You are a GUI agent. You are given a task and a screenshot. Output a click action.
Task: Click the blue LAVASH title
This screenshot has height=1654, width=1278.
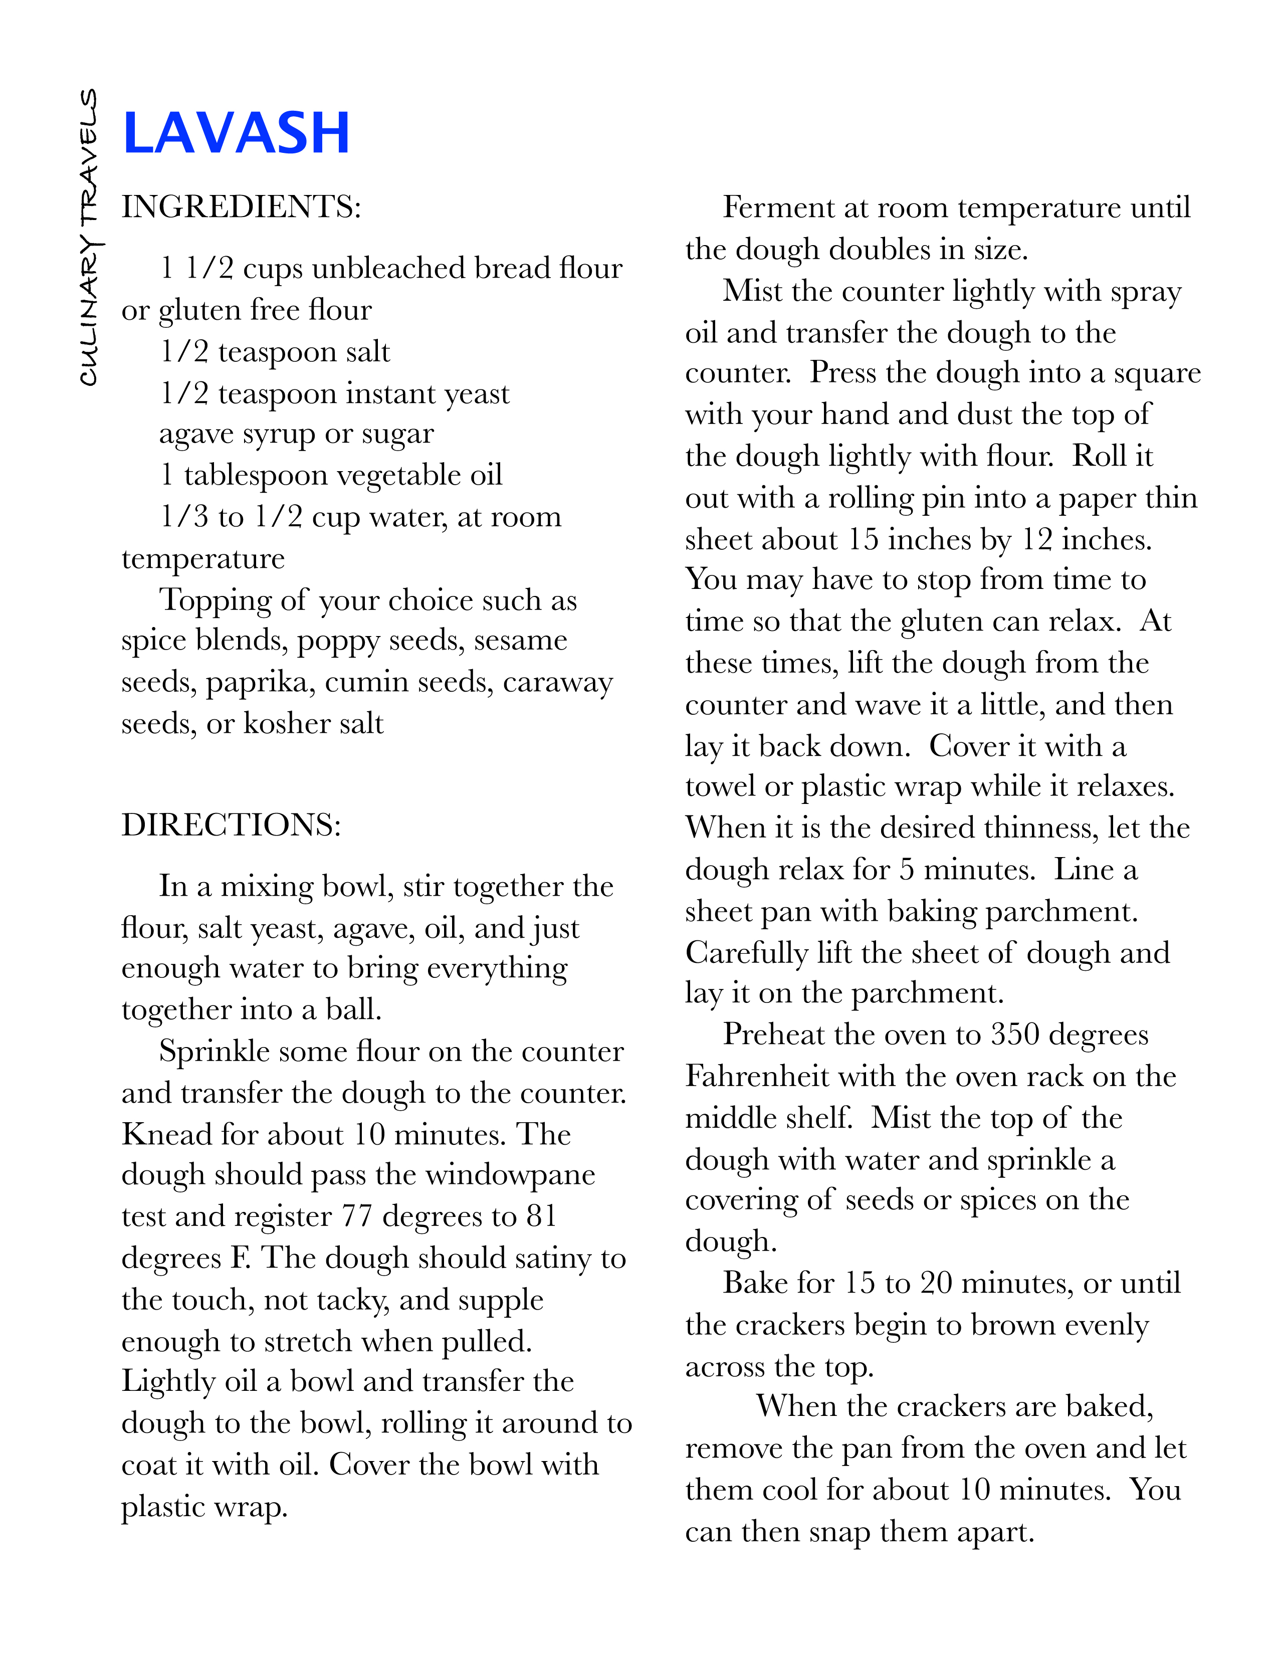click(236, 133)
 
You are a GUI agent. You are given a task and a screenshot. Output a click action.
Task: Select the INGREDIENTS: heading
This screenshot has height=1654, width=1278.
click(241, 206)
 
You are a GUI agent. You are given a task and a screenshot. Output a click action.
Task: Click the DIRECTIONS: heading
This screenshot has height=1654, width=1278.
click(231, 824)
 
